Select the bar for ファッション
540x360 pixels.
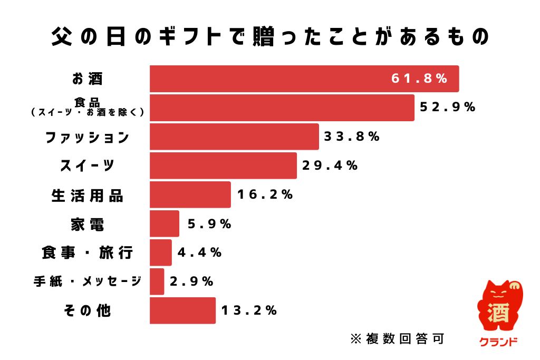pyautogui.click(x=234, y=137)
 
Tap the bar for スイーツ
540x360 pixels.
pyautogui.click(x=223, y=166)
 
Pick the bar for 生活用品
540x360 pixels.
pyautogui.click(x=190, y=195)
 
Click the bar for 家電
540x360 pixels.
pyautogui.click(x=165, y=224)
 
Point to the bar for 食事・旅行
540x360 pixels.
pyautogui.click(x=161, y=252)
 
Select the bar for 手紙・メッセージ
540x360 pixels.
pyautogui.click(x=157, y=281)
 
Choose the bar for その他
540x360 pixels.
pyautogui.click(x=182, y=310)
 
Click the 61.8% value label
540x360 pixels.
pyautogui.click(x=419, y=79)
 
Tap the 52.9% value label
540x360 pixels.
pyautogui.click(x=448, y=108)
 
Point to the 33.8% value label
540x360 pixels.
pyautogui.click(x=352, y=137)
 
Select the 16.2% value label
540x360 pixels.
pyautogui.click(x=265, y=195)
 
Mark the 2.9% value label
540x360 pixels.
pyautogui.click(x=192, y=282)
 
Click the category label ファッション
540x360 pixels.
pyautogui.click(x=87, y=138)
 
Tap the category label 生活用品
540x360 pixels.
pyautogui.click(x=87, y=196)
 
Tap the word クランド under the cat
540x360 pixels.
pyautogui.click(x=498, y=342)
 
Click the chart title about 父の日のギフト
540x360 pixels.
pyautogui.click(x=270, y=37)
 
